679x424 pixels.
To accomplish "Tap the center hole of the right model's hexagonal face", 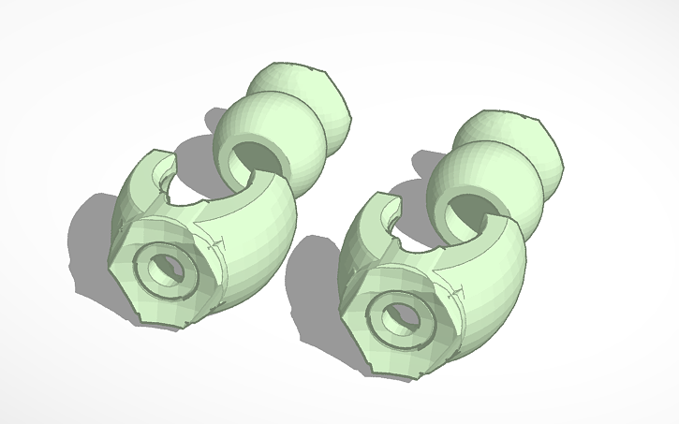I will (393, 314).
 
